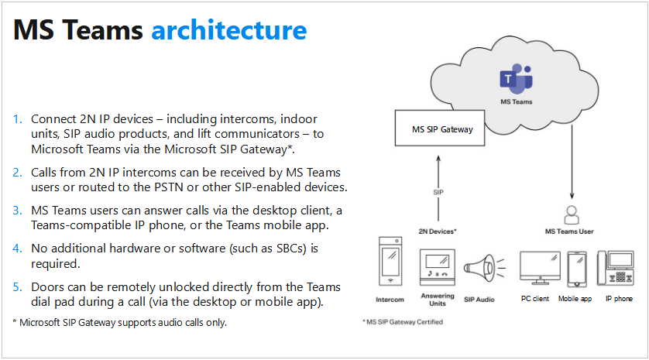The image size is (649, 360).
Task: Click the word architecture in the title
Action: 228,30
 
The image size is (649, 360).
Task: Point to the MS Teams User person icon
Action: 572,213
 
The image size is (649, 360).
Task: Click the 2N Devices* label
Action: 438,231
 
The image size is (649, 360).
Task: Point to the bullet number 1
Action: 18,119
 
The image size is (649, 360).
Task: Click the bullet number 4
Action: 18,249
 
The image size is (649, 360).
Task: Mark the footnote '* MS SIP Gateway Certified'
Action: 403,321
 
